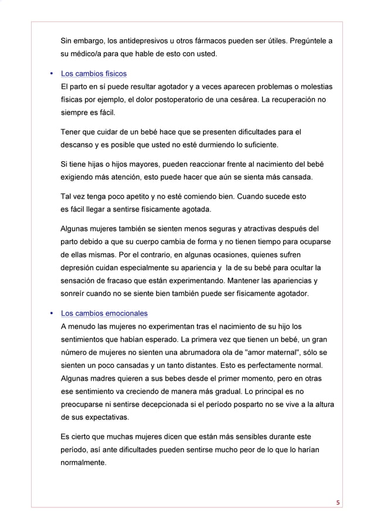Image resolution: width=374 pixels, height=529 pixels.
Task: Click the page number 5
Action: (338, 501)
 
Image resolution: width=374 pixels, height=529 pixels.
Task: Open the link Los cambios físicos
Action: (94, 74)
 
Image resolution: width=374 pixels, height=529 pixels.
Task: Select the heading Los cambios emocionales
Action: (104, 313)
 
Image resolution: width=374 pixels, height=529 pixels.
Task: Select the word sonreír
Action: (75, 293)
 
